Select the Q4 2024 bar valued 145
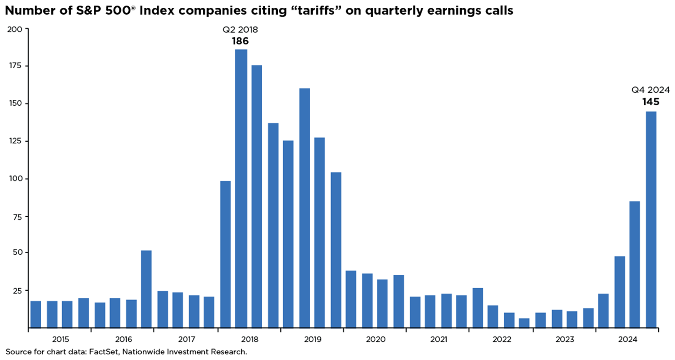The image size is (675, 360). tap(651, 219)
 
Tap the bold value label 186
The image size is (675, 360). tap(240, 41)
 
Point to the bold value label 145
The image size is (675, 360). tap(651, 102)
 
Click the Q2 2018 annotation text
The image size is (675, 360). tap(240, 30)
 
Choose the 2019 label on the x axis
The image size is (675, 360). tap(312, 339)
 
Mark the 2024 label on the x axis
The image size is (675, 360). tap(628, 339)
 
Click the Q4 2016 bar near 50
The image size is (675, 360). tap(146, 289)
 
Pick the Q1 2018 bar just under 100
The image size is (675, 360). tap(225, 254)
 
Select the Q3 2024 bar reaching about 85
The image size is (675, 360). tap(635, 265)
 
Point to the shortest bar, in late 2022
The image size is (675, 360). tap(524, 323)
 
